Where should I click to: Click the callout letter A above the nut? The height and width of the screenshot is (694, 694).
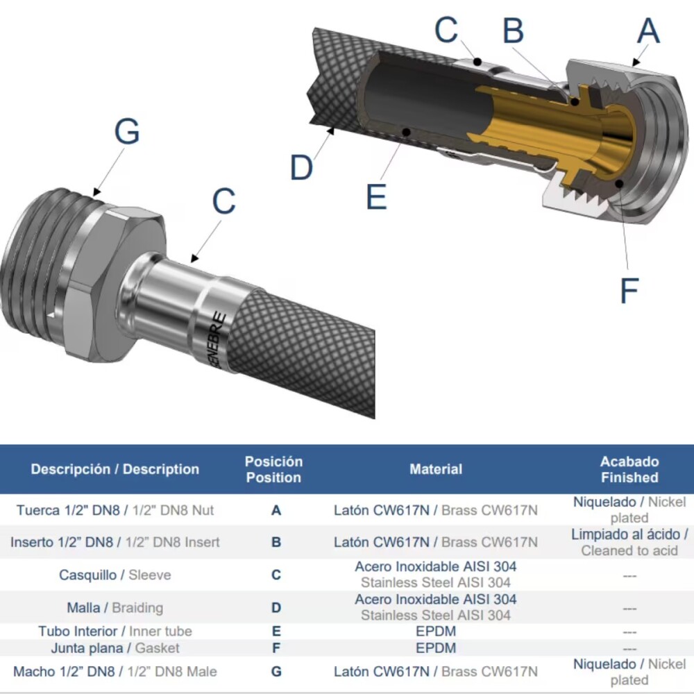pos(649,31)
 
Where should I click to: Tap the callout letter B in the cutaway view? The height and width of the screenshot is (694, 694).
pos(514,31)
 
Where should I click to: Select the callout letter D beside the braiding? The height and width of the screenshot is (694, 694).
pos(301,168)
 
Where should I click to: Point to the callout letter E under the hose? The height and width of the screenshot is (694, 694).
pos(377,196)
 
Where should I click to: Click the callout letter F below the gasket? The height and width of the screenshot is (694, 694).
pos(629,290)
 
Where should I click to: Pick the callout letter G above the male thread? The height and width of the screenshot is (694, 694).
pos(127,131)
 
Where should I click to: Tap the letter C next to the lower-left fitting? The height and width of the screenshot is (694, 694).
pos(224,201)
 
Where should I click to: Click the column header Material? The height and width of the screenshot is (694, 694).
pos(436,469)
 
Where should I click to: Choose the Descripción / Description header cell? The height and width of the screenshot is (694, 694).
pos(115,469)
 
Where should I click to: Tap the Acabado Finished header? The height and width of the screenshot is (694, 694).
pos(629,470)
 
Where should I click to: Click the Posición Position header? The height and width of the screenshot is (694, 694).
pos(274,470)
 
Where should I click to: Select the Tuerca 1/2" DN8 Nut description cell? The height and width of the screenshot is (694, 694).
pos(115,510)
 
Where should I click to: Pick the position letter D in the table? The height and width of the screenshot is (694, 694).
pos(276,608)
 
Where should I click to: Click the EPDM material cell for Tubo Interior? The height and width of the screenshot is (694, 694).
pos(436,631)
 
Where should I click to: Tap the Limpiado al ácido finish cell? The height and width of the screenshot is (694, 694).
pos(629,542)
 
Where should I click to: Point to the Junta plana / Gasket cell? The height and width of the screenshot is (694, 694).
pos(115,648)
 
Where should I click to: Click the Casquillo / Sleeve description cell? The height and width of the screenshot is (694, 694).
pos(115,575)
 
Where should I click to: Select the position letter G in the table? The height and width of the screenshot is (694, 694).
pos(276,672)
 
